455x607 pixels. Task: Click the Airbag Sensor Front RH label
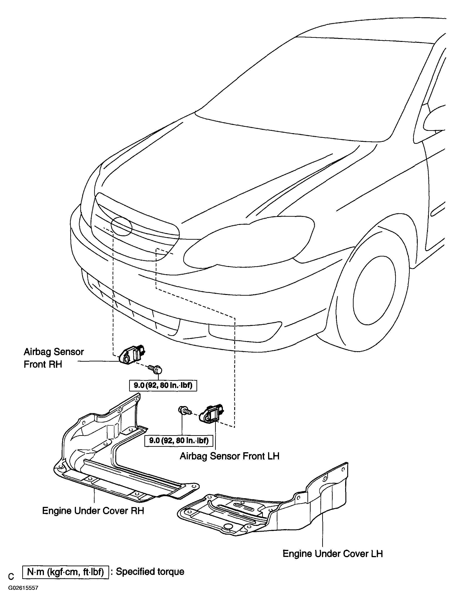coord(54,358)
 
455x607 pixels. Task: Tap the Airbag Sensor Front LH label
coord(229,456)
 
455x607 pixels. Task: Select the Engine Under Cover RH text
coord(93,511)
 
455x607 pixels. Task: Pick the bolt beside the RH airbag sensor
coord(155,369)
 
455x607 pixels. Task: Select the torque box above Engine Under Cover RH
coord(163,385)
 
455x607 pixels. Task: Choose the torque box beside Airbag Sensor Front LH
coord(179,441)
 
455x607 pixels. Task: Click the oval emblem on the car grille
coord(122,226)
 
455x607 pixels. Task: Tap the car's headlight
coord(249,241)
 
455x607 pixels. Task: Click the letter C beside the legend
coord(11,576)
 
